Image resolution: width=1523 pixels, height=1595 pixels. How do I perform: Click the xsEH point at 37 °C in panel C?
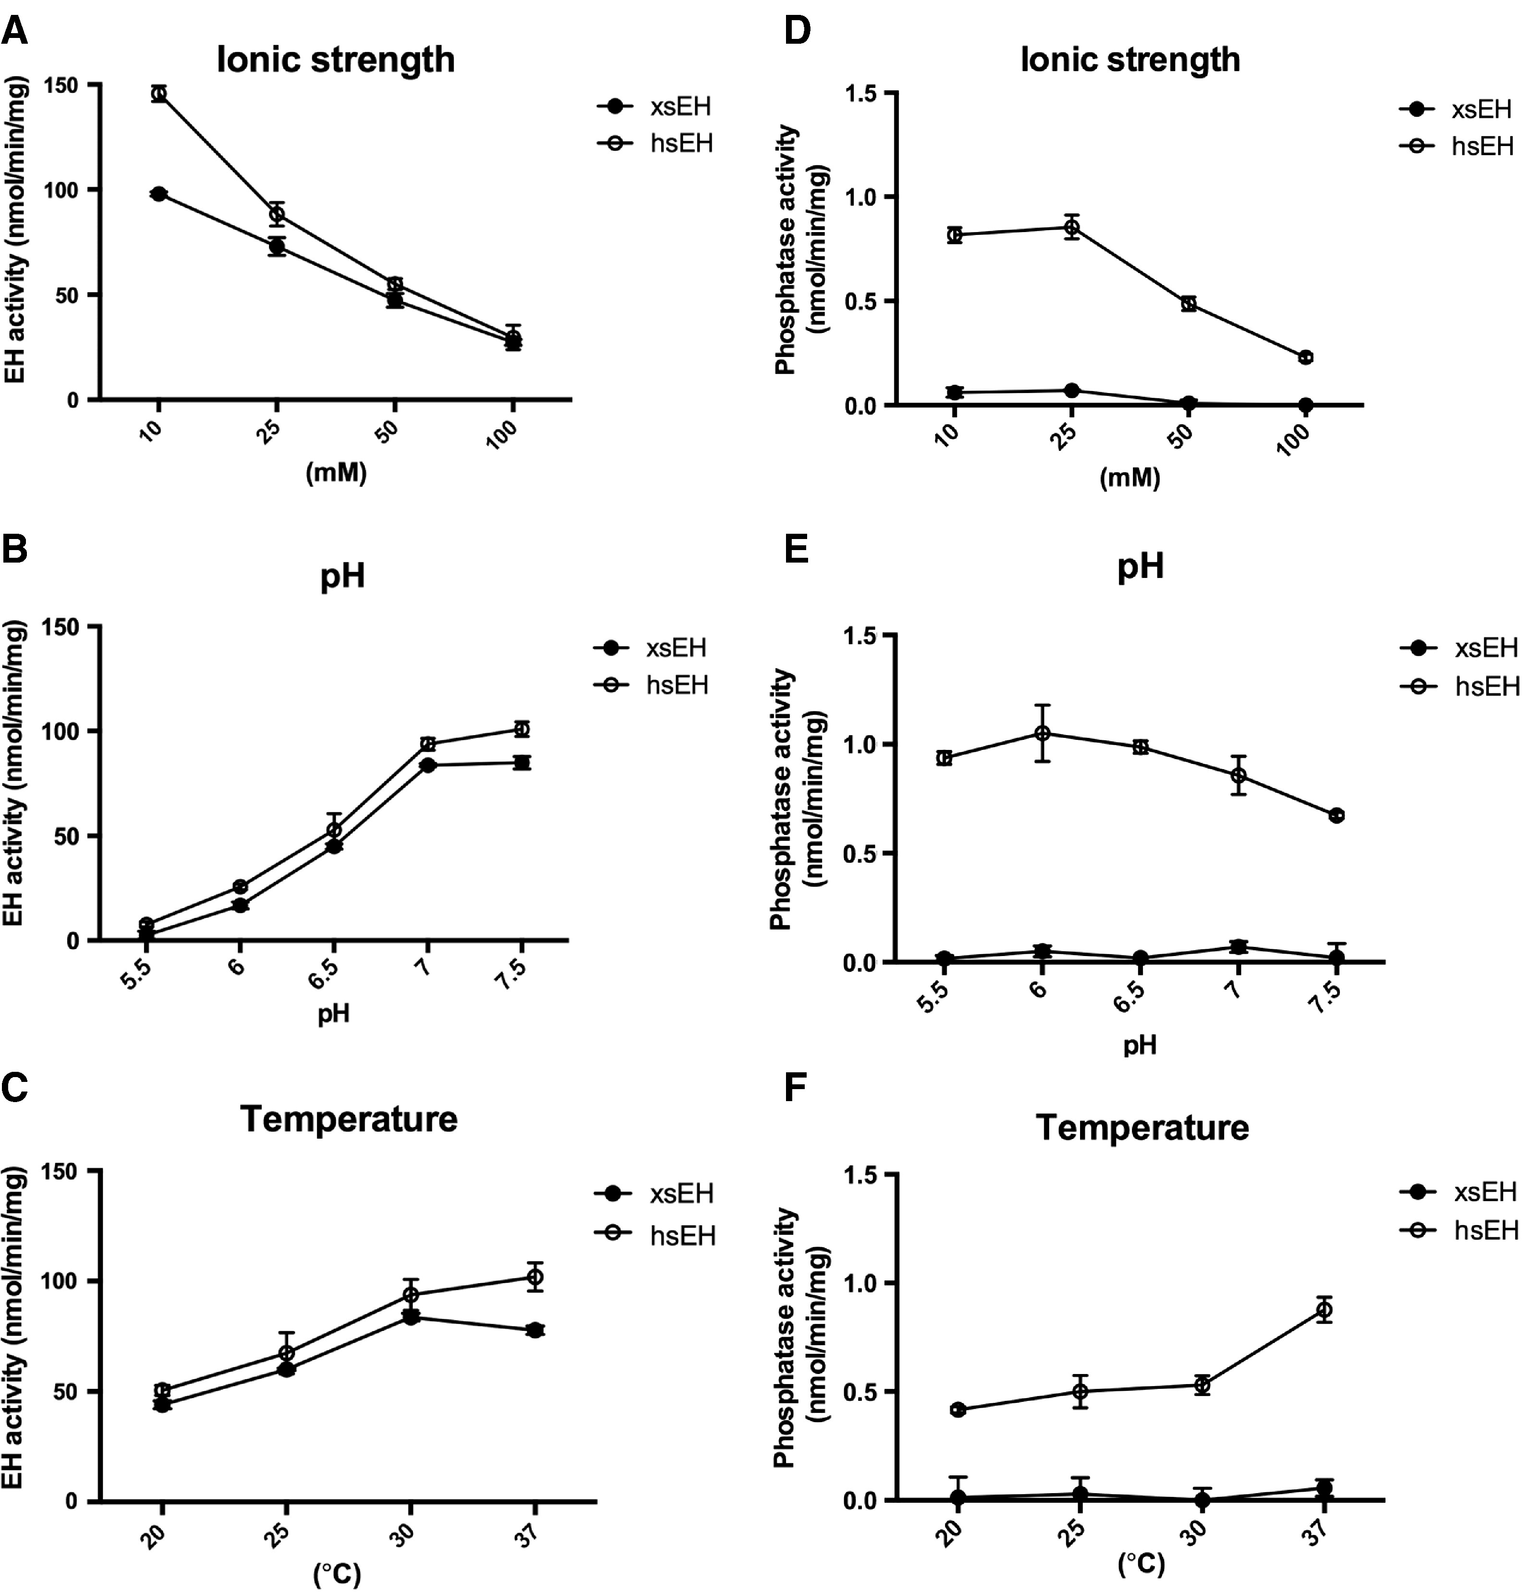(534, 1330)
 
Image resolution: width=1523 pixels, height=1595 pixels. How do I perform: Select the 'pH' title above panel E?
(1141, 566)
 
